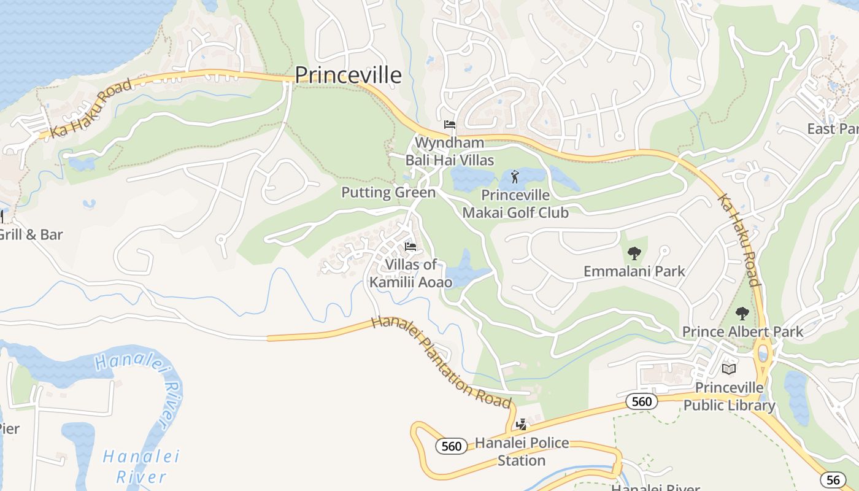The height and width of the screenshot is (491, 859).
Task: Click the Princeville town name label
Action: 348,75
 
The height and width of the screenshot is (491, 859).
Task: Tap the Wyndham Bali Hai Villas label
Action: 449,152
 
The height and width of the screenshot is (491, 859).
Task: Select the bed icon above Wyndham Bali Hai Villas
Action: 450,125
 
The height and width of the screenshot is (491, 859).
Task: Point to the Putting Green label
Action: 388,193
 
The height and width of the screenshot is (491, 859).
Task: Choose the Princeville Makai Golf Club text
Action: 515,204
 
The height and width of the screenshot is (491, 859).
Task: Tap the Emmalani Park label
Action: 634,271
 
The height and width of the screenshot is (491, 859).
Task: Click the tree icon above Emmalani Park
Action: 634,253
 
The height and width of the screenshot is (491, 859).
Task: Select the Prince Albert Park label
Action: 742,332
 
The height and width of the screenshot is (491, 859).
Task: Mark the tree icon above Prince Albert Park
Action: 742,314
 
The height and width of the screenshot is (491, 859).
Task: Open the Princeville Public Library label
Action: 729,396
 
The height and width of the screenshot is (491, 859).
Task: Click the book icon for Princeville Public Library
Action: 729,369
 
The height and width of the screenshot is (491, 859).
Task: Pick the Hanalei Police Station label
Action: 522,451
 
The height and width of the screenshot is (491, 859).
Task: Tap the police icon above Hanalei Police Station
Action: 522,424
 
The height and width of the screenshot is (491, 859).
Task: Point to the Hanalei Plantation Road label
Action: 442,362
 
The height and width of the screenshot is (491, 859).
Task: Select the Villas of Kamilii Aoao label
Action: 410,273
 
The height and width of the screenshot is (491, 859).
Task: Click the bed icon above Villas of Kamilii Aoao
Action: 410,247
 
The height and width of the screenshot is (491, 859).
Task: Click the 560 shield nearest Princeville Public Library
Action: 641,401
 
